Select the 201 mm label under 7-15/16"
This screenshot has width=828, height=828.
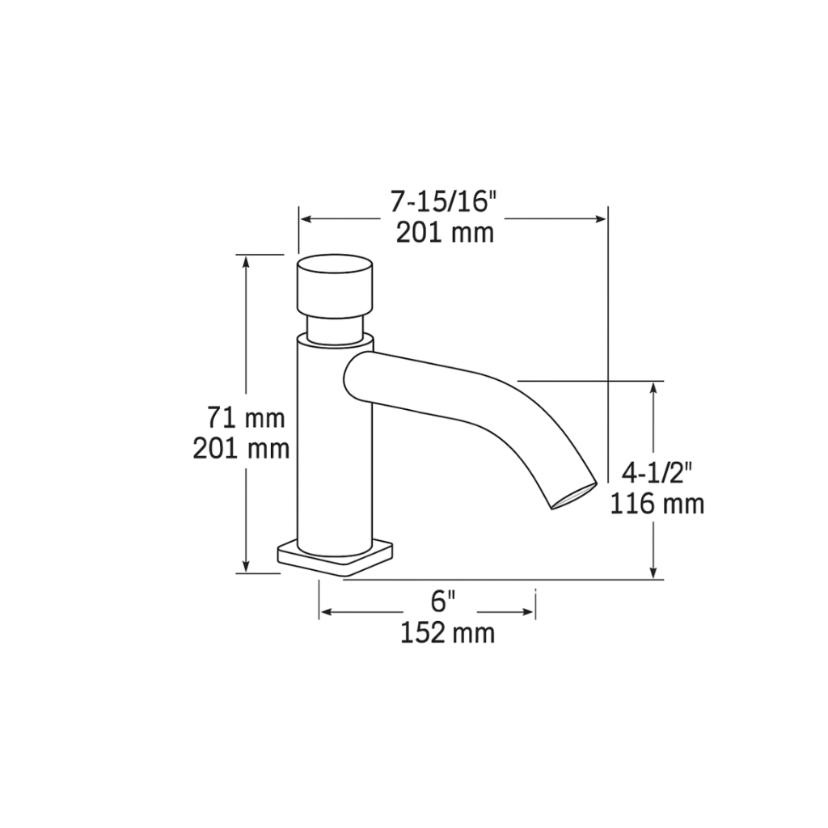(x=444, y=233)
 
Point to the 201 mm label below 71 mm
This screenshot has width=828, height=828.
(x=241, y=447)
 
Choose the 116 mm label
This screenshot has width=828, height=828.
(x=657, y=504)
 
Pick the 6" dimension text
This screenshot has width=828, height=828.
(x=443, y=601)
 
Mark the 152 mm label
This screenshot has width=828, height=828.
(x=447, y=632)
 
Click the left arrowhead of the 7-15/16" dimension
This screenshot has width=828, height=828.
(x=306, y=218)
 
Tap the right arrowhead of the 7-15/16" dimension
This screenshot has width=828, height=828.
(x=600, y=218)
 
